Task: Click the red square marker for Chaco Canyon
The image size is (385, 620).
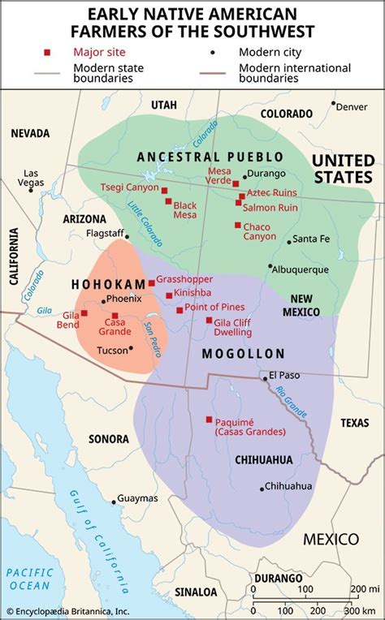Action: [x=238, y=225]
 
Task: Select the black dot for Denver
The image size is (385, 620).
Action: [x=333, y=104]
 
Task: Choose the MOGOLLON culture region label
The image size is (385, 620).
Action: [x=244, y=354]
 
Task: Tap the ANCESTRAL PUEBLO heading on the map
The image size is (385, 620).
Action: [x=210, y=156]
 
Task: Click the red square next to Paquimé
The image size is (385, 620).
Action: [x=210, y=420]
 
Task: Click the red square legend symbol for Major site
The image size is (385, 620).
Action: [x=48, y=53]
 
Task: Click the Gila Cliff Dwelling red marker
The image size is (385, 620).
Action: [x=209, y=320]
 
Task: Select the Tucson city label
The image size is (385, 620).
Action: [x=111, y=351]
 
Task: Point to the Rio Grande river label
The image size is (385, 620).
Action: [x=291, y=402]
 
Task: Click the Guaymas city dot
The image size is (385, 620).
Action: [x=112, y=498]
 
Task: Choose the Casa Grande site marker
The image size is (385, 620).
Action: [x=115, y=316]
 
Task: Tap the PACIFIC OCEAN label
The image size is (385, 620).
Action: [x=29, y=578]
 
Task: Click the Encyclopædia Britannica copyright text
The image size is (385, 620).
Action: [x=67, y=611]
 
